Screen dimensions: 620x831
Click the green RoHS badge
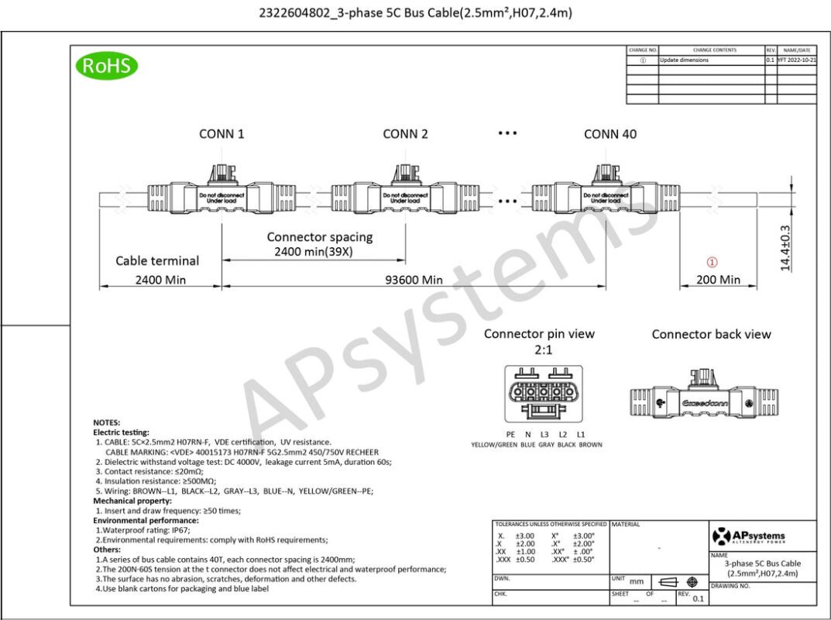[x=107, y=65]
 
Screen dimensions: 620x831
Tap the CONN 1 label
[x=221, y=134]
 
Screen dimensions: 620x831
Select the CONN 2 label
[x=405, y=134]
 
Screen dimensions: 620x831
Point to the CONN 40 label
[x=610, y=134]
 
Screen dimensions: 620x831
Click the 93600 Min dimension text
[x=410, y=279]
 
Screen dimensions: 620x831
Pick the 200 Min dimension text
[x=718, y=279]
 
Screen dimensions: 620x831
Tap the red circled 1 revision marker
[x=713, y=262]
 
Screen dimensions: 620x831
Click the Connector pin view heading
[x=539, y=334]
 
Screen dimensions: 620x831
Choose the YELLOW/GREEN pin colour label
[x=493, y=445]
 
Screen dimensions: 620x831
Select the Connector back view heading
[x=711, y=335]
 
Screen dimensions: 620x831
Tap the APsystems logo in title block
[x=748, y=536]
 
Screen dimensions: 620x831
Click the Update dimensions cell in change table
[x=684, y=60]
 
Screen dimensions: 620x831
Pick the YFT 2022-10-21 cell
[x=796, y=60]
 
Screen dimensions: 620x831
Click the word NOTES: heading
[x=107, y=422]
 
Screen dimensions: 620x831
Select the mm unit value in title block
[x=637, y=580]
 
